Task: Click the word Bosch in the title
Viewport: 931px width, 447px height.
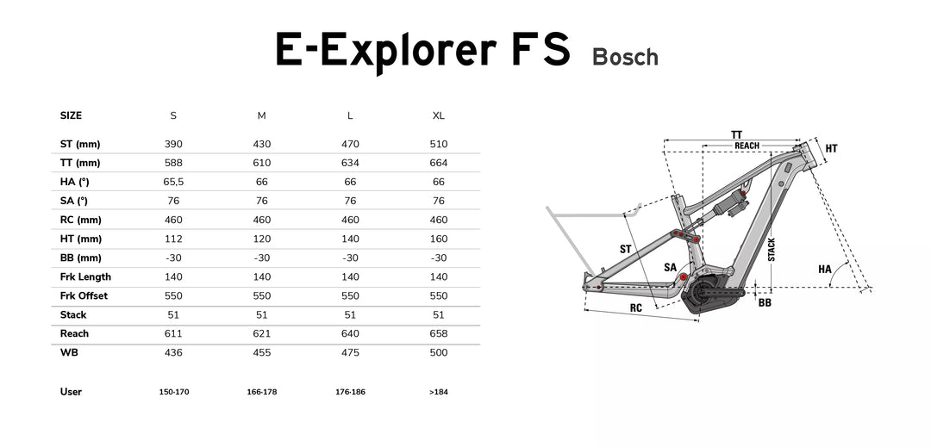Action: [x=625, y=58]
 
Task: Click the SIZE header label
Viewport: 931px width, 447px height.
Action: [x=71, y=115]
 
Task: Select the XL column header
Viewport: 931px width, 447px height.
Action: [x=439, y=115]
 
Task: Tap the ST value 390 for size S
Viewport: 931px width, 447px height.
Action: [x=173, y=144]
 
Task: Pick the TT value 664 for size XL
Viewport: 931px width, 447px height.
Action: [x=439, y=163]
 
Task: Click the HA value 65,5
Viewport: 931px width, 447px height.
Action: [x=173, y=182]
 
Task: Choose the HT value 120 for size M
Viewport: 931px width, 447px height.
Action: [x=262, y=239]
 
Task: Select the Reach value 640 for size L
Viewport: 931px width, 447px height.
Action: [x=350, y=333]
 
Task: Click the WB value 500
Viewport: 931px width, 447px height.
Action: [x=439, y=352]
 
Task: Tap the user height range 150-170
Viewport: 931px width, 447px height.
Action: [x=173, y=392]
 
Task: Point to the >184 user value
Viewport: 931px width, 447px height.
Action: [x=439, y=392]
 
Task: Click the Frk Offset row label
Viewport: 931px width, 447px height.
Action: [x=84, y=295]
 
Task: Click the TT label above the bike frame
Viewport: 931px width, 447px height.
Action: [x=736, y=135]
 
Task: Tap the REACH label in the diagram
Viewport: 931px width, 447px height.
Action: [x=747, y=146]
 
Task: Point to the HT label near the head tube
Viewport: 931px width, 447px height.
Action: [x=831, y=149]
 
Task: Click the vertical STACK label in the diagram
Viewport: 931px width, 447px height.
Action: [x=772, y=250]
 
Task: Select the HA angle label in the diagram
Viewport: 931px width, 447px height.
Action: [x=825, y=270]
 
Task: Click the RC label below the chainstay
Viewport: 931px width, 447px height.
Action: [x=635, y=307]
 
